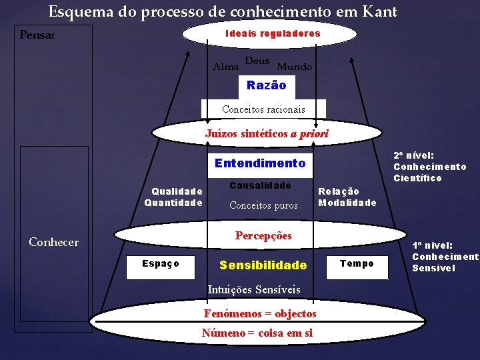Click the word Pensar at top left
pos(37,35)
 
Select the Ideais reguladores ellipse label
pos(273,33)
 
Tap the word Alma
pos(224,66)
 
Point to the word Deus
pos(257,61)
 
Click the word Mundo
pos(294,67)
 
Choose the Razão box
pos(266,85)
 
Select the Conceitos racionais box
pos(263,109)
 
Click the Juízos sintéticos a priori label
pos(267,133)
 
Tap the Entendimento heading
pos(260,163)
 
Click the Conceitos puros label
pos(263,205)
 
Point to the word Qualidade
pos(177,191)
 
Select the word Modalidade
pos(347,203)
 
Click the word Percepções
pos(263,235)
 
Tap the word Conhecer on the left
pos(53,242)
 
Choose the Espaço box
pos(161,264)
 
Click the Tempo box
pos(357,264)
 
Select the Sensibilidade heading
pos(263,265)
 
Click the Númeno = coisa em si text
pos(257,333)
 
